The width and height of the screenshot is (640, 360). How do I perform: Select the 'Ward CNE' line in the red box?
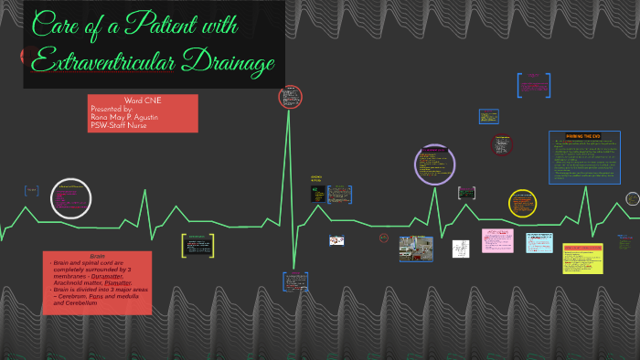coord(143,101)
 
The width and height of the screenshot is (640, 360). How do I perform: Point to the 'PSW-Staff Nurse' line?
coord(118,125)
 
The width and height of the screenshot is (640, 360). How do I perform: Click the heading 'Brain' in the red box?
coord(97,256)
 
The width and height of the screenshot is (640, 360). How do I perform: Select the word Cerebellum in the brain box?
coord(85,302)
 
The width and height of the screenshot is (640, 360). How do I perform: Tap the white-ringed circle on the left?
coord(71,199)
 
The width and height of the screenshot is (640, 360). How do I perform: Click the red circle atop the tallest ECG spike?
coord(291,97)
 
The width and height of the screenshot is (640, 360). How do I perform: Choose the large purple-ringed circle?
coord(434,164)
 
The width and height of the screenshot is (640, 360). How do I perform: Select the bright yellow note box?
coord(582,258)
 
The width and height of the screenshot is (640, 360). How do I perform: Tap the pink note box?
coord(497,240)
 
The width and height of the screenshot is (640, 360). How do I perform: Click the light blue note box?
coord(539,242)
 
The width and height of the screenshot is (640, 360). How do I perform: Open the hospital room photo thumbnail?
coord(416,249)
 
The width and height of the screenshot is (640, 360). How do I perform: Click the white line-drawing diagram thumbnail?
coord(460,249)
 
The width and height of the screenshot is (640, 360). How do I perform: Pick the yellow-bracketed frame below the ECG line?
coord(197,244)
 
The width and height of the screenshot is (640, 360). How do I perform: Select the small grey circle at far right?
coord(633,198)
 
